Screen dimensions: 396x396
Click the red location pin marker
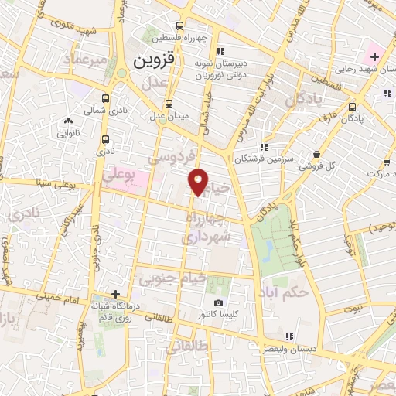click(x=199, y=183)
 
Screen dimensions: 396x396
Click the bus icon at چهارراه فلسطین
click(x=180, y=24)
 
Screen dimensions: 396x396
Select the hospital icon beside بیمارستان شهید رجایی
click(x=375, y=56)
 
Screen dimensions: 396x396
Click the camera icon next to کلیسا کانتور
click(x=218, y=302)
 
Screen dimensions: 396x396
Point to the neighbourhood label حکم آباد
click(x=307, y=292)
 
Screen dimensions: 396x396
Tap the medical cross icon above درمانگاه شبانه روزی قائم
click(x=115, y=294)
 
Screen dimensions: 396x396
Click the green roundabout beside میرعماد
click(x=121, y=75)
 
